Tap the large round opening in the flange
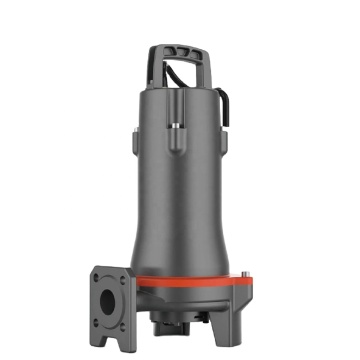pos(109,290)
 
